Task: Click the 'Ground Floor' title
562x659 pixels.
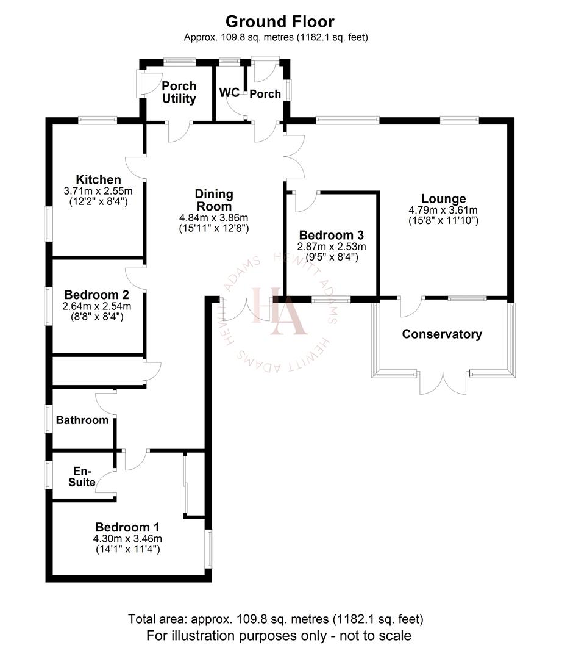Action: point(280,22)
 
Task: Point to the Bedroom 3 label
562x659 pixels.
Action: point(331,235)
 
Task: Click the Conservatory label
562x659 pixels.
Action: point(442,334)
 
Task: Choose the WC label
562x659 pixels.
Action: point(229,93)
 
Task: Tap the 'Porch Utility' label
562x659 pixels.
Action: point(179,92)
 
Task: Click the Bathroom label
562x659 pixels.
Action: point(82,420)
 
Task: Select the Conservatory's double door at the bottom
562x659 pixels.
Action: point(444,381)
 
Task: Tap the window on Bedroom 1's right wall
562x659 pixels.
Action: point(208,548)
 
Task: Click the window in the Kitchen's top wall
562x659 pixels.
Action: point(98,120)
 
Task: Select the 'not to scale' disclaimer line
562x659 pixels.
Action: point(279,636)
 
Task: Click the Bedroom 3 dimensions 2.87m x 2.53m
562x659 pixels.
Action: point(331,247)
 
